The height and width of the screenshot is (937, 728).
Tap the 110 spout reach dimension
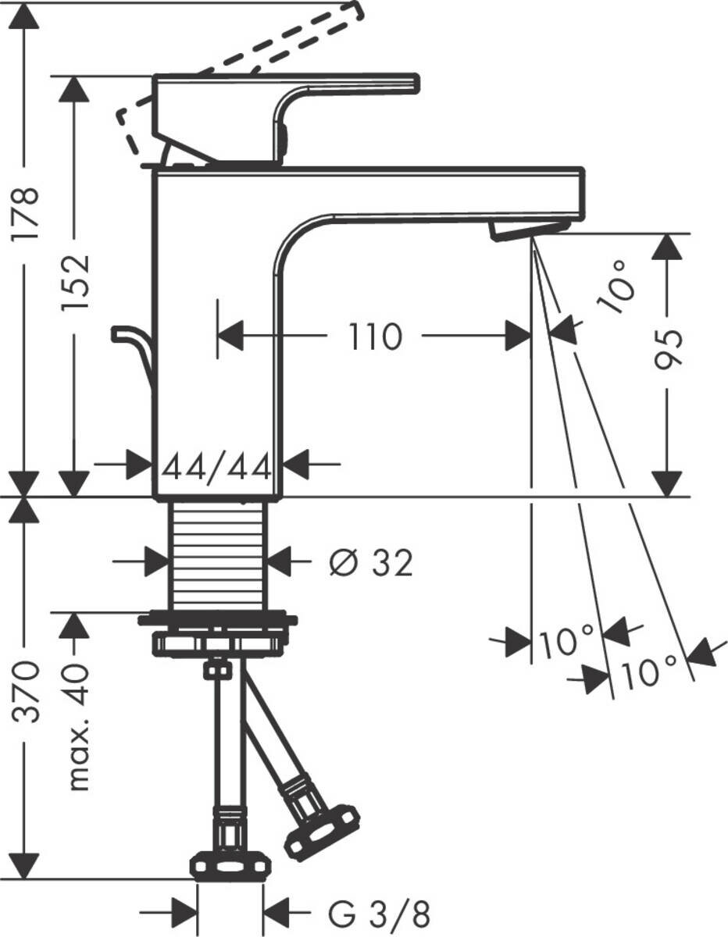[x=374, y=337]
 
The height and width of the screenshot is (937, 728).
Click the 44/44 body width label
[x=217, y=468]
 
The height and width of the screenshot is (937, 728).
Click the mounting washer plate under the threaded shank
[x=218, y=621]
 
